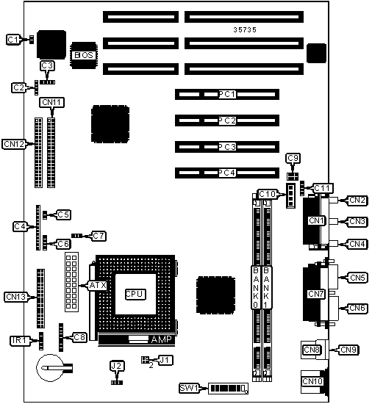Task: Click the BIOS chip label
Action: coord(84,55)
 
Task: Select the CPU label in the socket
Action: coord(135,294)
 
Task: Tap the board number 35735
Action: coord(245,30)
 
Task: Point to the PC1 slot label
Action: coord(227,94)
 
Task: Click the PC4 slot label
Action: coord(227,173)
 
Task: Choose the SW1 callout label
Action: coord(189,388)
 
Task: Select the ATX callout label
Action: coord(98,285)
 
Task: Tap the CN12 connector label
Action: coord(14,144)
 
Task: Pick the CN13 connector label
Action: coord(16,297)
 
